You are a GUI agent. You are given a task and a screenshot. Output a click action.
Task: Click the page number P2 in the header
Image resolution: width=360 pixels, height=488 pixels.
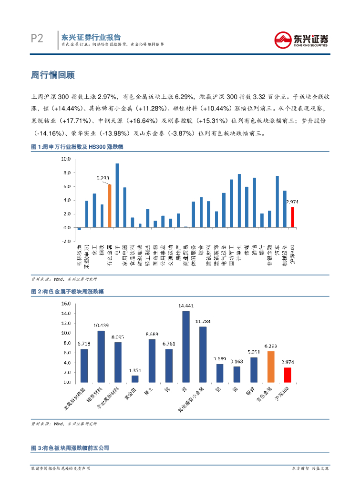[37, 39]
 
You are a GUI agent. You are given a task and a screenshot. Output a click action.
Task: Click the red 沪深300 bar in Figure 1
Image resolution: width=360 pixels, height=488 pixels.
[293, 217]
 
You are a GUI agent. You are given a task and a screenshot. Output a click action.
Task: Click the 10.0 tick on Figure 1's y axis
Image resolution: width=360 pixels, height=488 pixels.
[66, 159]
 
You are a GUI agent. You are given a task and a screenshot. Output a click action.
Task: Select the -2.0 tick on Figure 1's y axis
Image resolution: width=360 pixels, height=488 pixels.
[66, 242]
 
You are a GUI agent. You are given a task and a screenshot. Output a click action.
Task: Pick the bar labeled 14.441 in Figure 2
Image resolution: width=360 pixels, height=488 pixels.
[186, 346]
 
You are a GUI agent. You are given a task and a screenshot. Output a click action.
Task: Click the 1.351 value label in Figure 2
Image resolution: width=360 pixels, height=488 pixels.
[135, 370]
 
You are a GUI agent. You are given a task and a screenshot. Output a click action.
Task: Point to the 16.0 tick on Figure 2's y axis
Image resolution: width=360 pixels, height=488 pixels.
[66, 303]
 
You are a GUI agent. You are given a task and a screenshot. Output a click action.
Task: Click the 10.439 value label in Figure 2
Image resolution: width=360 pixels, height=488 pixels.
[101, 325]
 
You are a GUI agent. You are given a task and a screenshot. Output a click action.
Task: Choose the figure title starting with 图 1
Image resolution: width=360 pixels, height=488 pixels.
[77, 147]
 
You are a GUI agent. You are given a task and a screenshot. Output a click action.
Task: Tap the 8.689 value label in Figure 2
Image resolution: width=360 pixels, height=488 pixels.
[152, 334]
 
